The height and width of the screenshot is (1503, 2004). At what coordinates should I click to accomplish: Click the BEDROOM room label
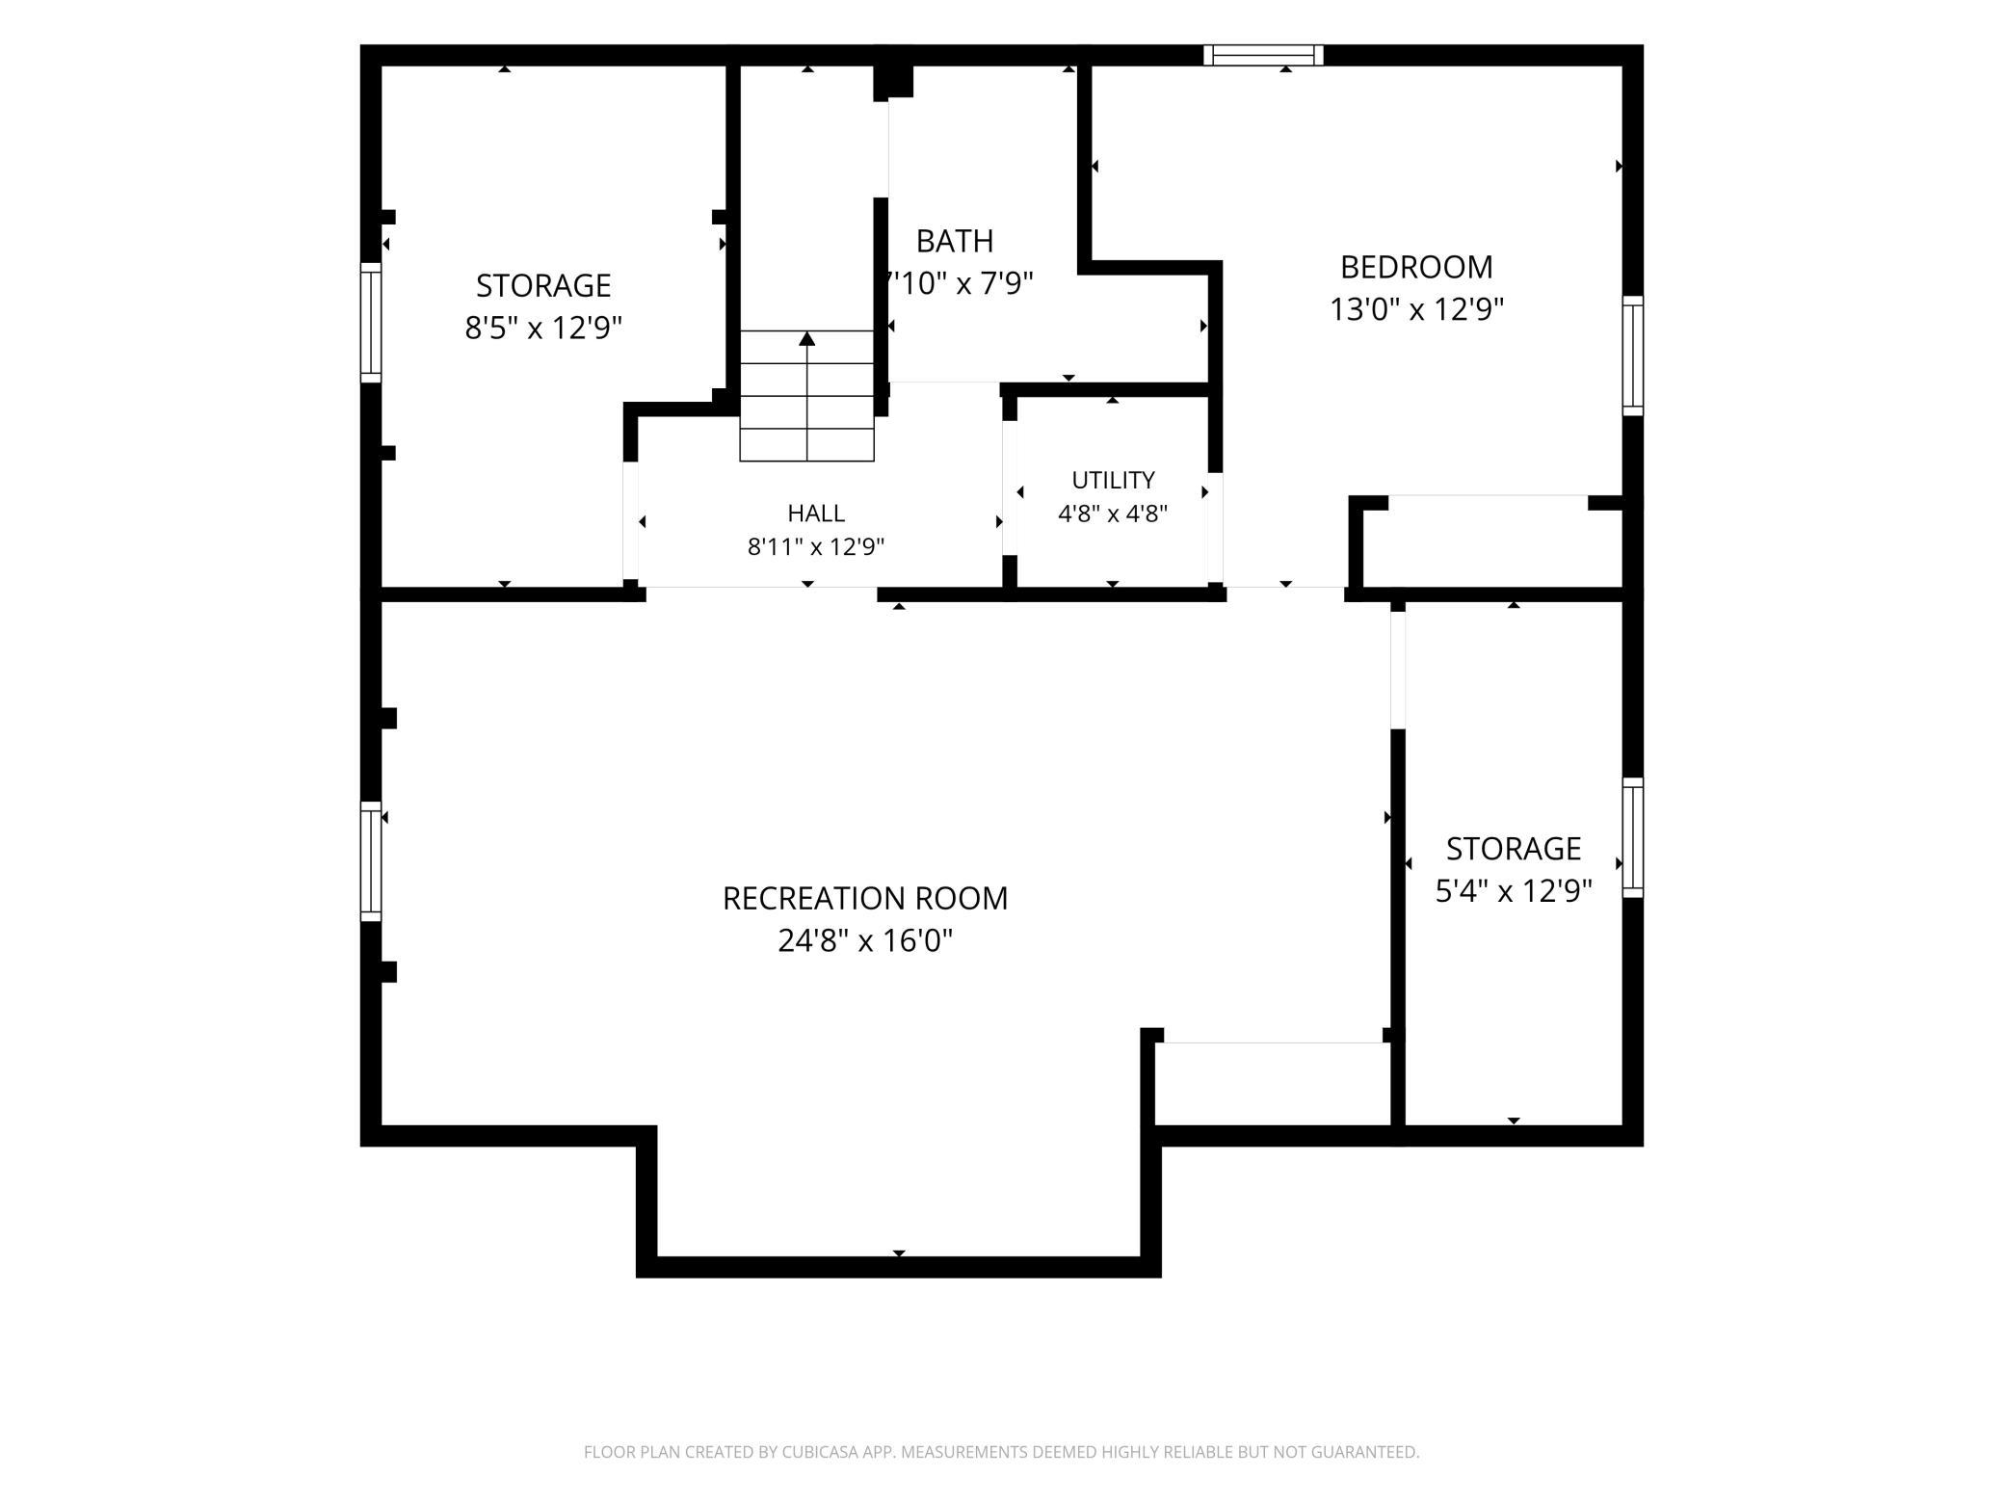tap(1416, 266)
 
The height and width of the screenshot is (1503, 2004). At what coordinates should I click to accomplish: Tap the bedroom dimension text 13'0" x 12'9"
tap(1416, 309)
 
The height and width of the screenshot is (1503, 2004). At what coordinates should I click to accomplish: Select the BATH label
tap(955, 240)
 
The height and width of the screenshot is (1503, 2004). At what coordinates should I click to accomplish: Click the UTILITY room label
tap(1113, 480)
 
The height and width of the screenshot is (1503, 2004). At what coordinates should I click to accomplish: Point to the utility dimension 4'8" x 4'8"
tap(1113, 514)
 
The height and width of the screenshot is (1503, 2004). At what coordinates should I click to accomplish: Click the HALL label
tap(816, 513)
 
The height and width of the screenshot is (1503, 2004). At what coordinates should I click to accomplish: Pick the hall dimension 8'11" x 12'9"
tap(816, 547)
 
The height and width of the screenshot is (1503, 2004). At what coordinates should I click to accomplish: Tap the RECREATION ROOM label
tap(865, 898)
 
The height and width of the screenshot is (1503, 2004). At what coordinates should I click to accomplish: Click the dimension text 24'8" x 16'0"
tap(865, 940)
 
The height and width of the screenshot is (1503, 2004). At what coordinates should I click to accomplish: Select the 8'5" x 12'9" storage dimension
tap(543, 328)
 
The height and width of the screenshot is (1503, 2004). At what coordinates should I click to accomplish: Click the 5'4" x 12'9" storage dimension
tap(1514, 891)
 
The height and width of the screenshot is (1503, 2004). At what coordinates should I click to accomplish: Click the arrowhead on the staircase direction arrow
tap(807, 338)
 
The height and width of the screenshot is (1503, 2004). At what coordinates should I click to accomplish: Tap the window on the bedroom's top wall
tap(1263, 55)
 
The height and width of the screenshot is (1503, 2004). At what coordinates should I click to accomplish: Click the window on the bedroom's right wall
tap(1633, 356)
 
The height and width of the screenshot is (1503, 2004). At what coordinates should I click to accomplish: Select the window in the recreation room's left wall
tap(371, 861)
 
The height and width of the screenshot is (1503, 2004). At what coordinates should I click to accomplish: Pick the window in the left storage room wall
tap(371, 322)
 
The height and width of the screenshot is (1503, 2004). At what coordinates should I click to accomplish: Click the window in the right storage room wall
tap(1633, 837)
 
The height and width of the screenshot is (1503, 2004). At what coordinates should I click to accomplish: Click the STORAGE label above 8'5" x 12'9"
tap(543, 285)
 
